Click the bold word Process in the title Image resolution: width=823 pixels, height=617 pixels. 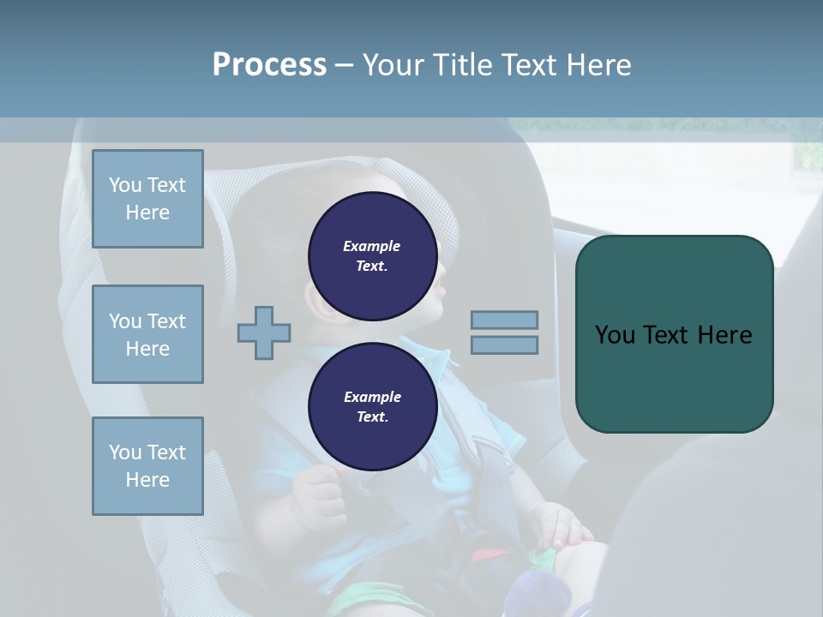tap(269, 65)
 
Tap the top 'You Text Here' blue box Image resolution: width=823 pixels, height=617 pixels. tap(147, 199)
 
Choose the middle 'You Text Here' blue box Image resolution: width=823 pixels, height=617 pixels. tap(147, 334)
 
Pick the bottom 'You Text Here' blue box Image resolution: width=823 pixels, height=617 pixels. tap(147, 466)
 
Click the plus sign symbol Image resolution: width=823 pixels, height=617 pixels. tap(264, 332)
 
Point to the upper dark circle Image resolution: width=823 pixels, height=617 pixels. tap(372, 256)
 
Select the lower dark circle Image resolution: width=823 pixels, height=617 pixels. tap(372, 407)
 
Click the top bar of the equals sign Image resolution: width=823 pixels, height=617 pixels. tap(504, 320)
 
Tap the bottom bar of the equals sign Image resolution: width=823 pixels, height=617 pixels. tap(504, 344)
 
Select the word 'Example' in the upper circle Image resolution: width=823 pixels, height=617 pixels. tap(372, 246)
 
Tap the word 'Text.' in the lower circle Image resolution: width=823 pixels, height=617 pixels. tap(372, 417)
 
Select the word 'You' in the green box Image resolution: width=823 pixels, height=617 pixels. tap(616, 334)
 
